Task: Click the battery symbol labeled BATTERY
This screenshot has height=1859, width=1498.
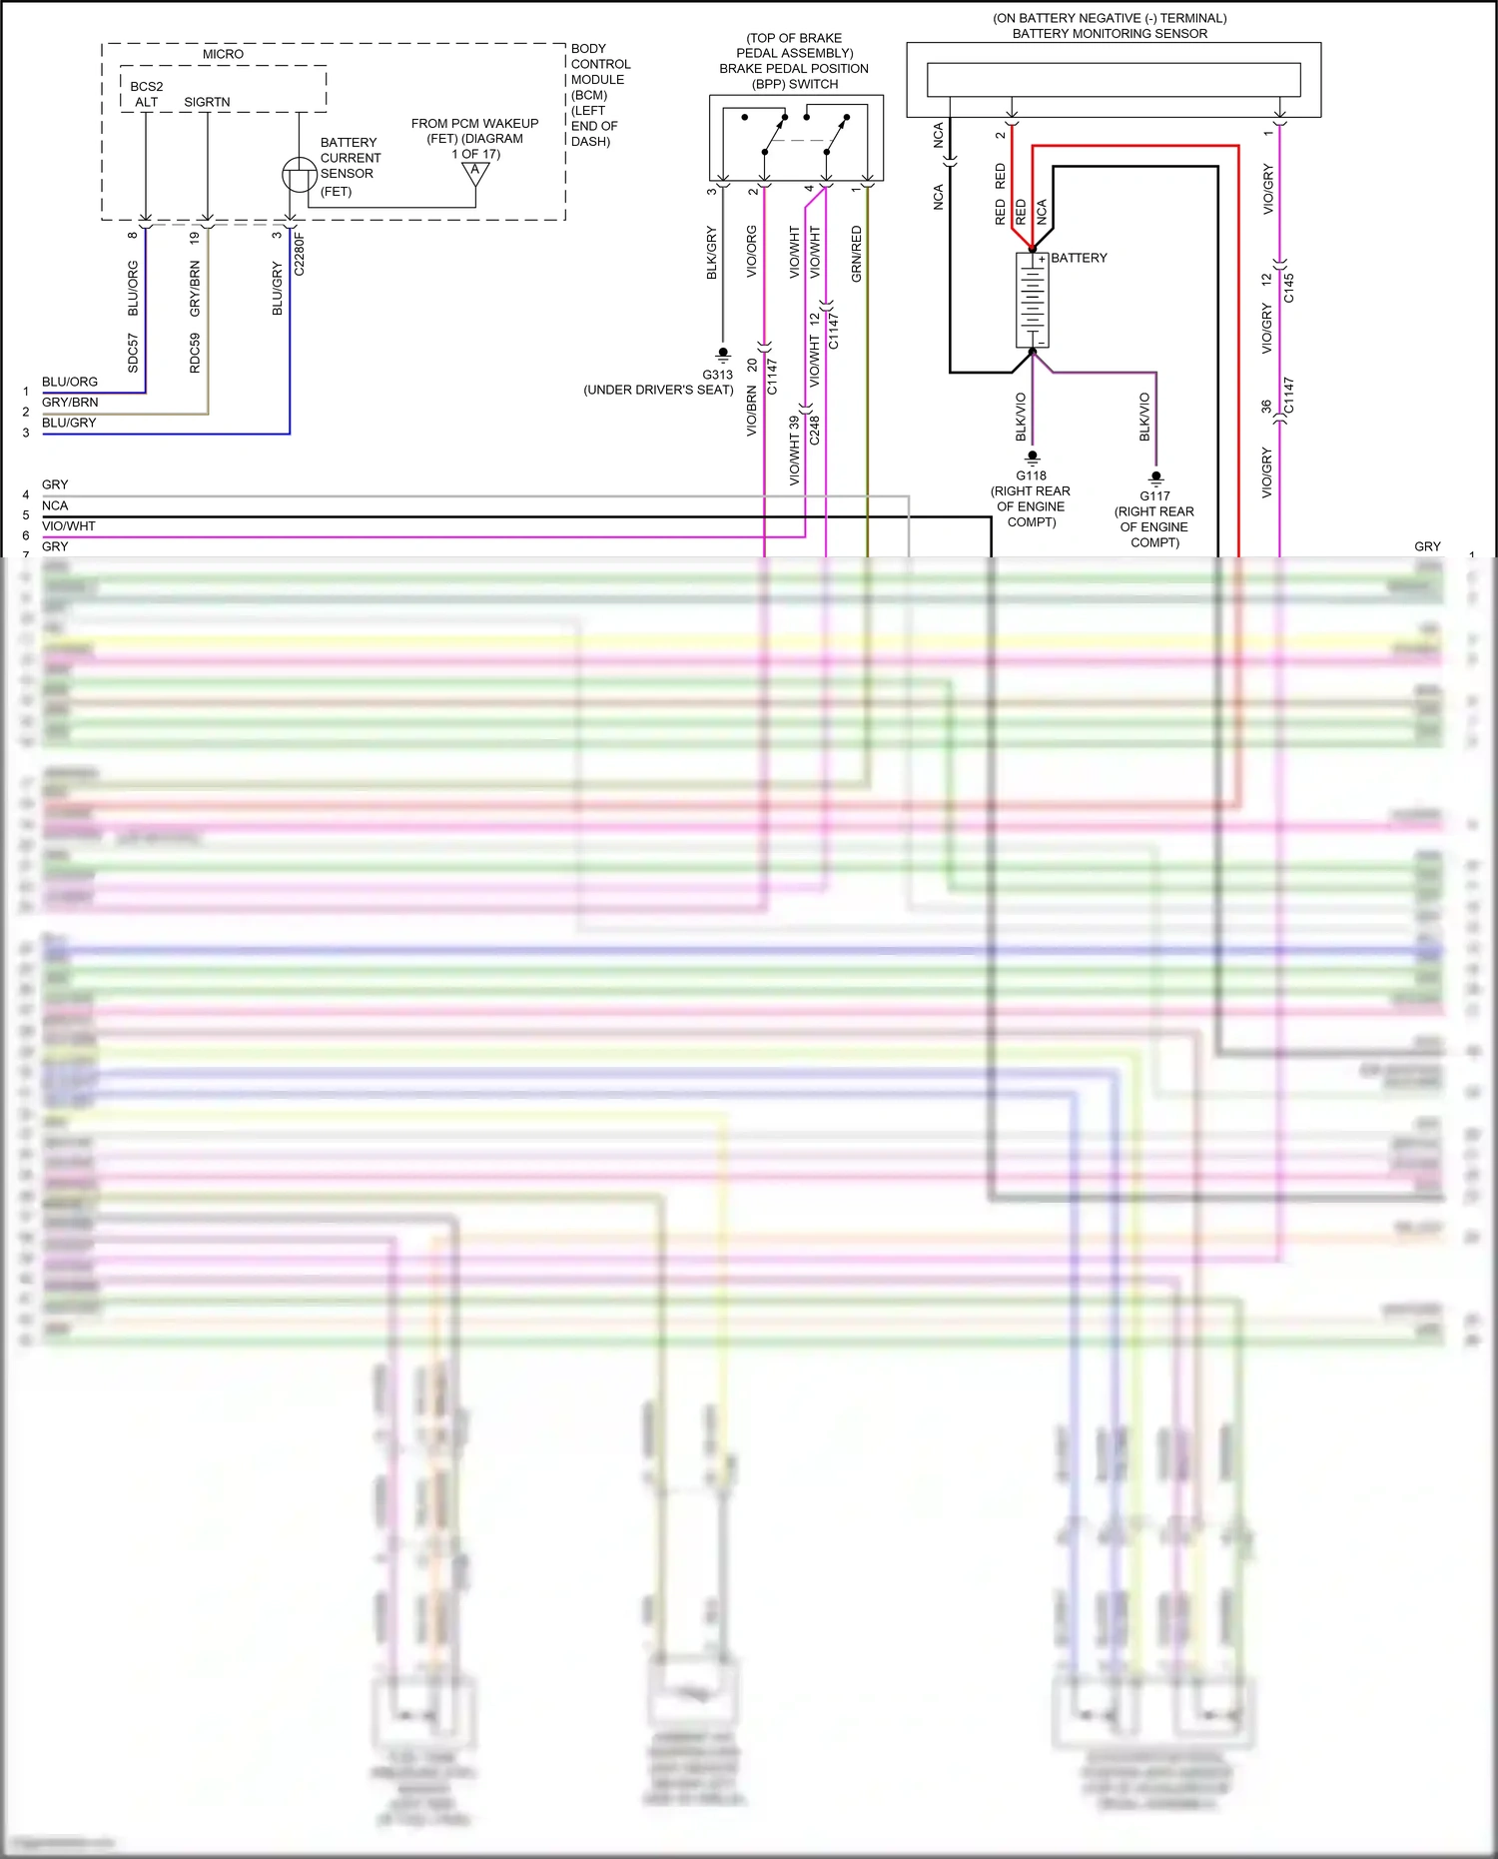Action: coord(1032,300)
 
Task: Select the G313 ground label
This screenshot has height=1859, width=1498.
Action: coord(717,375)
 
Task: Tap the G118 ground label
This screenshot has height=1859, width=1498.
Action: coord(1031,475)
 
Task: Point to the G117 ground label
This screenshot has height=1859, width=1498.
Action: coord(1154,495)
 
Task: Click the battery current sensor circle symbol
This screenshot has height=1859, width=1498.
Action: coord(299,176)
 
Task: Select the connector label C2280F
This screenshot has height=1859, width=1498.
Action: coord(299,254)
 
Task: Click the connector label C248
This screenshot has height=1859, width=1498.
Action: coord(814,431)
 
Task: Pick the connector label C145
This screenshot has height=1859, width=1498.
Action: coord(1288,288)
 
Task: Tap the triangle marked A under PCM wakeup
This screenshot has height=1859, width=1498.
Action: coord(475,172)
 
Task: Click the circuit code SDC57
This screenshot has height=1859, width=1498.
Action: coord(133,354)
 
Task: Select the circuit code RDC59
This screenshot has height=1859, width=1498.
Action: coord(195,354)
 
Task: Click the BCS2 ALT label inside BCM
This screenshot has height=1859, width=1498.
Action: coord(146,94)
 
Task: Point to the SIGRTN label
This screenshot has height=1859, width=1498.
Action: coord(207,102)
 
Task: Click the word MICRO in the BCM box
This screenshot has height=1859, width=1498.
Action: coord(223,54)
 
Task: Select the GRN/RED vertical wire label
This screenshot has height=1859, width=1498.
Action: coord(856,254)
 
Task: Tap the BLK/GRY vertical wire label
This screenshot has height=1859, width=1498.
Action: coord(711,253)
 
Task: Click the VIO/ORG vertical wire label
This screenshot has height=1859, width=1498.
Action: coord(751,252)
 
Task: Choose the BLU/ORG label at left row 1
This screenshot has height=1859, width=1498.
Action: coord(70,382)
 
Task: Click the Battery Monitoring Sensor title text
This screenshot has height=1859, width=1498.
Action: coord(1110,33)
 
